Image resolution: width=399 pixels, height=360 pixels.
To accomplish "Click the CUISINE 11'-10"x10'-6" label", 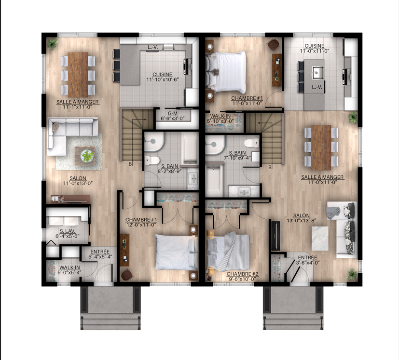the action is [162, 77].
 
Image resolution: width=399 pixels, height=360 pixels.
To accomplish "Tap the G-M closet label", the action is [173, 116].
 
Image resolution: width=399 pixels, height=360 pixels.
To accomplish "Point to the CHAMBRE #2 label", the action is [242, 277].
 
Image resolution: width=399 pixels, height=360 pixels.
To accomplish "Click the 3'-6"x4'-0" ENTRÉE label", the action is [308, 260].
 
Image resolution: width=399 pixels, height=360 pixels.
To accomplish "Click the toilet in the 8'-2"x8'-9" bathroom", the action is [152, 160].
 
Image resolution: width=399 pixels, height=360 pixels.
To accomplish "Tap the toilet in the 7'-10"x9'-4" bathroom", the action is [252, 143].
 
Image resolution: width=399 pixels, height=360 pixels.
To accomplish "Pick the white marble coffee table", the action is [320, 239].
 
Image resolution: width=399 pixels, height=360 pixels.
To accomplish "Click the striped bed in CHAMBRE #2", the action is [228, 252].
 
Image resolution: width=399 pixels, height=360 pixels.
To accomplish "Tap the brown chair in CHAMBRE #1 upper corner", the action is [274, 45].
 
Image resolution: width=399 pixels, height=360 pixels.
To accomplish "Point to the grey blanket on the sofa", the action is [333, 213].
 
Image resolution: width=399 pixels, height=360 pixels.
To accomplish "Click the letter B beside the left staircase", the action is [130, 164].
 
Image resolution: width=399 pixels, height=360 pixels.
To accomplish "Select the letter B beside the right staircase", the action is [270, 167].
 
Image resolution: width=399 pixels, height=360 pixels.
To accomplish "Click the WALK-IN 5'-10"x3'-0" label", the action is [220, 119].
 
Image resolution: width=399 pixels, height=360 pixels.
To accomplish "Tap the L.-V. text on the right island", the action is [317, 87].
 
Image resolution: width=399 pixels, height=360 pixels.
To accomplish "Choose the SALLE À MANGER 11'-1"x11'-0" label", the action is [77, 104].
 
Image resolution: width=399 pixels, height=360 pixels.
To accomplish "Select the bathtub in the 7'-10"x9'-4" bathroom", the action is [214, 181].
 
